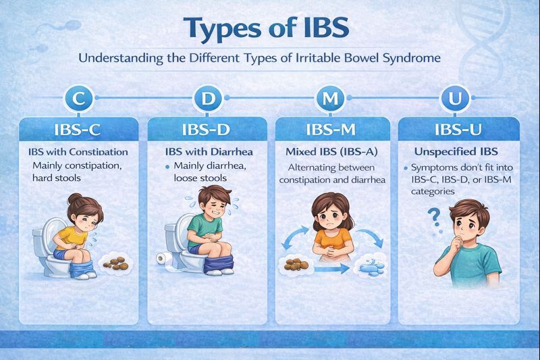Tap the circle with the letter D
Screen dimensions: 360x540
pos(207,99)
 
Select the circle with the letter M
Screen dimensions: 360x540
pos(330,99)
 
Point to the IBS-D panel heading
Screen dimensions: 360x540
pos(206,129)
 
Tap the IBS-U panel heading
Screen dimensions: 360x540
pos(458,129)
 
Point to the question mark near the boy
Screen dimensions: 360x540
pos(435,218)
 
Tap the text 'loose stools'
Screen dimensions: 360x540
pos(200,178)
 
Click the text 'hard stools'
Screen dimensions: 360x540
pos(57,178)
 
